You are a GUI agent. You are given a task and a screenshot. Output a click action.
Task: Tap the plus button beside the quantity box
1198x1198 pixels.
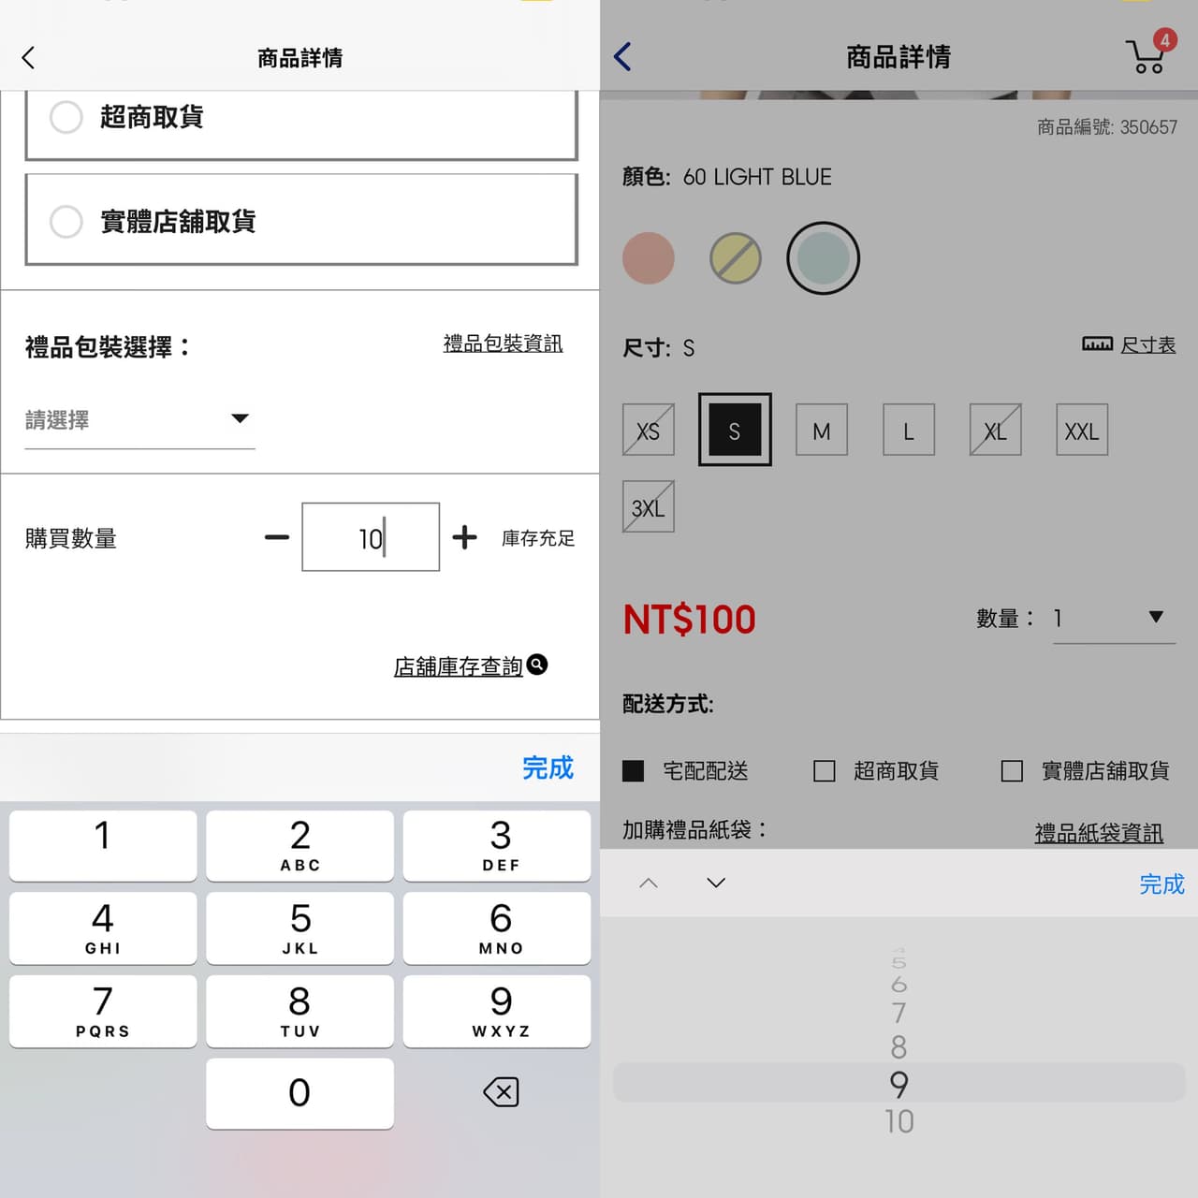[464, 537]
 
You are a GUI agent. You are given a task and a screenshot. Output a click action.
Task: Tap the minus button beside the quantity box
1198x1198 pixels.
[277, 537]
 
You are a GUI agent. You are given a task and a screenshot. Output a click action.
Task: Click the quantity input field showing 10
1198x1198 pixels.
[371, 537]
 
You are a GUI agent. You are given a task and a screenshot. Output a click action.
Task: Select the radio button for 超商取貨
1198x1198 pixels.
[66, 117]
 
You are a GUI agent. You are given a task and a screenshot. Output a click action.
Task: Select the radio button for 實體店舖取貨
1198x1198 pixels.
[66, 221]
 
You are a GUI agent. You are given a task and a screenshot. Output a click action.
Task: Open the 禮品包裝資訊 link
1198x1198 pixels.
[503, 343]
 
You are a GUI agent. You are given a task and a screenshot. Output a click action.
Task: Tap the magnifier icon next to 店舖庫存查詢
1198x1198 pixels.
[537, 665]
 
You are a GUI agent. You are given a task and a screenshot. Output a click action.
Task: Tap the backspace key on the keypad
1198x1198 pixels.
[501, 1092]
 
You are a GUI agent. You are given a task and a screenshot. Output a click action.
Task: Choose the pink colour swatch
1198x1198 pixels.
[649, 258]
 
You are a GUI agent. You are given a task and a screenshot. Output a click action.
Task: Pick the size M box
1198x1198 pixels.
[822, 430]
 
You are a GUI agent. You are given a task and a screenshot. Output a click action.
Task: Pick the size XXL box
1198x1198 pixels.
[1082, 430]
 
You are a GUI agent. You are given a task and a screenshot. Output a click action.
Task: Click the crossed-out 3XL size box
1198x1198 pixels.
[649, 506]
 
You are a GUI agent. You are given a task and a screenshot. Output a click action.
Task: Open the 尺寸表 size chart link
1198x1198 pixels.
[1147, 344]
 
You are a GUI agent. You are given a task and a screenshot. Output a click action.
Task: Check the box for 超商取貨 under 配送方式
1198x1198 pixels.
[825, 771]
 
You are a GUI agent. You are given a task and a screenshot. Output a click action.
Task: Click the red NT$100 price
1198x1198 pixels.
[690, 620]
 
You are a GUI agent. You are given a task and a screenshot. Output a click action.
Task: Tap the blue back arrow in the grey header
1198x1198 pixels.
[622, 56]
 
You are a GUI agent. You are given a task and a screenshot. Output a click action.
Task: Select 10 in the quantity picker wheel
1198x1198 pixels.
[898, 1122]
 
